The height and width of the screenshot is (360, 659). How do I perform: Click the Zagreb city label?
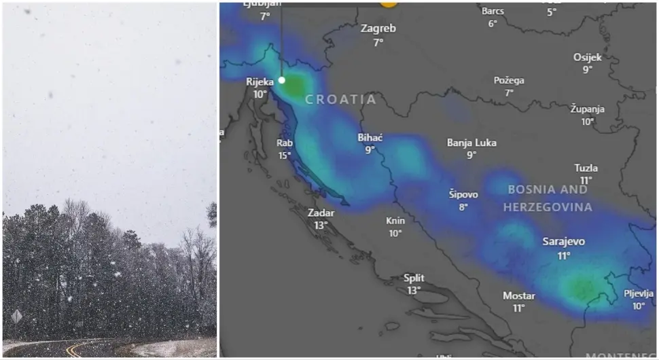click(x=378, y=29)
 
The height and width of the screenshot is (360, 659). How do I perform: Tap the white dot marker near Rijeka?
click(x=282, y=80)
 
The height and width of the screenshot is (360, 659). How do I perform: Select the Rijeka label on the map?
click(x=260, y=82)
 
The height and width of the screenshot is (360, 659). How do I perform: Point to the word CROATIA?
click(x=340, y=100)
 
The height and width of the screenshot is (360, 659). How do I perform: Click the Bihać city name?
click(x=370, y=138)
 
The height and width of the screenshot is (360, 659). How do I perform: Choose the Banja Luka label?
click(x=471, y=143)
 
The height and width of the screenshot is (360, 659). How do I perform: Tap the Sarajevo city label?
click(x=563, y=242)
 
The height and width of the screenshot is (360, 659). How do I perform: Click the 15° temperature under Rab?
click(x=284, y=156)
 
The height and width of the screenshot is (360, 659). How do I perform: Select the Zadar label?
click(x=321, y=213)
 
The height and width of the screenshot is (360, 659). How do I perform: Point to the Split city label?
click(x=414, y=278)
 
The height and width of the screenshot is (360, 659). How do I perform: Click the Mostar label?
click(x=518, y=295)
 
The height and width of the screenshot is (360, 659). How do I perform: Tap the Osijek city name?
click(x=587, y=57)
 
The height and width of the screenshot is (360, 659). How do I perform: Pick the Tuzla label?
click(x=586, y=168)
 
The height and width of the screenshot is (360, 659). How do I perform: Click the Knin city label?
click(x=395, y=221)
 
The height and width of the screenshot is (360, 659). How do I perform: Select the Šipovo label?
click(x=463, y=194)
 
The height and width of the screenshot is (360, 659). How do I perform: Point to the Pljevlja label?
click(x=639, y=293)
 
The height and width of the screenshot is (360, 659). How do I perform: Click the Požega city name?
click(x=509, y=80)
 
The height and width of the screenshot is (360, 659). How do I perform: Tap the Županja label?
click(x=587, y=109)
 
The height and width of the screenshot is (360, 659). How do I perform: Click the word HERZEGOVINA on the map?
click(x=548, y=207)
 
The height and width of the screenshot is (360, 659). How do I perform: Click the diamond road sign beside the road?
click(x=16, y=316)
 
